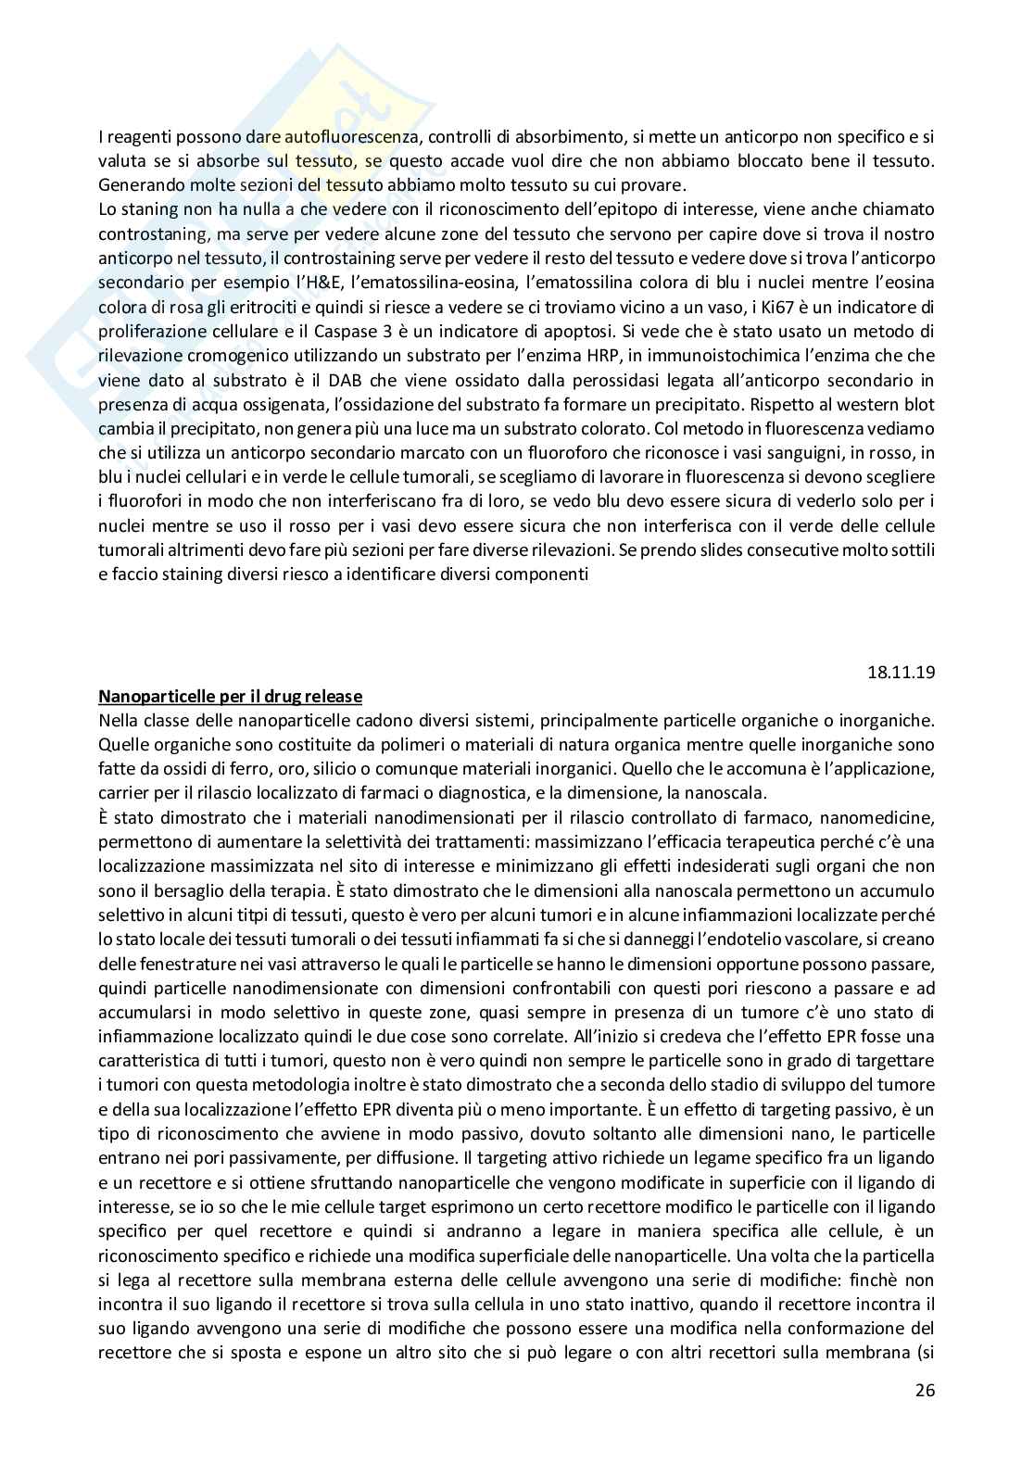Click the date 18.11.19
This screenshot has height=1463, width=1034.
[903, 672]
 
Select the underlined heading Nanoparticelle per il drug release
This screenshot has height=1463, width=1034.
[230, 697]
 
